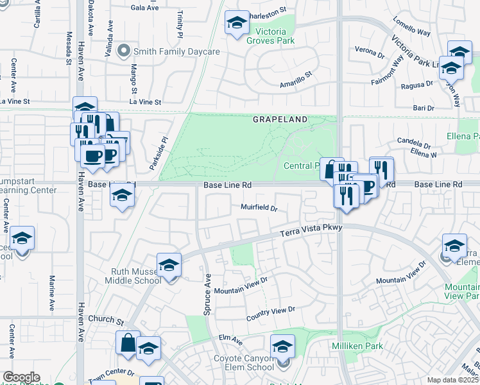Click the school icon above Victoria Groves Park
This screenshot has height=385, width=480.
click(x=236, y=23)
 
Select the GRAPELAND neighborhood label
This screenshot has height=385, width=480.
click(x=280, y=120)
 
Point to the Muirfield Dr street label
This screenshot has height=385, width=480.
click(x=259, y=208)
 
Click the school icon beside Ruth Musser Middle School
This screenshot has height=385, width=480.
click(x=169, y=265)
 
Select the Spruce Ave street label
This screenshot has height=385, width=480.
click(x=207, y=295)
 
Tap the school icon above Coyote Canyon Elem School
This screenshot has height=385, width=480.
click(x=282, y=347)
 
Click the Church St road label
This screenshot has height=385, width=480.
click(x=106, y=319)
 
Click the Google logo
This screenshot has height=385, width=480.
click(x=21, y=377)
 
